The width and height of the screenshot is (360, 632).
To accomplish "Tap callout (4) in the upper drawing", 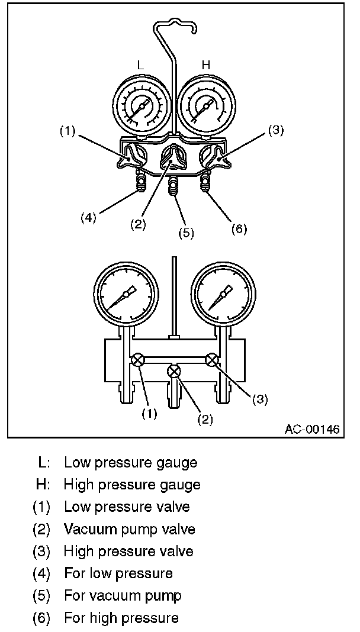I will pyautogui.click(x=88, y=218).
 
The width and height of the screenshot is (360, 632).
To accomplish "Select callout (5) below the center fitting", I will pyautogui.click(x=186, y=233).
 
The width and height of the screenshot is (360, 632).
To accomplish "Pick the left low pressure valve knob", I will pyautogui.click(x=133, y=157).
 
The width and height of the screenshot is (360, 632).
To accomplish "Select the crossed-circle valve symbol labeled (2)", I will pyautogui.click(x=174, y=371).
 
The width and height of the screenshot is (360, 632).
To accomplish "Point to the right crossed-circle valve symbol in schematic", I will pyautogui.click(x=212, y=359).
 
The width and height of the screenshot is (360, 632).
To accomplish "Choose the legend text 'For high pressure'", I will pyautogui.click(x=121, y=618).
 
